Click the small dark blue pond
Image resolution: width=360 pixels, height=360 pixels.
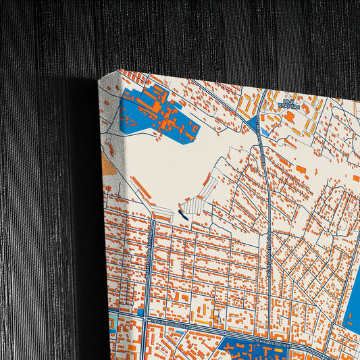tap(181, 214)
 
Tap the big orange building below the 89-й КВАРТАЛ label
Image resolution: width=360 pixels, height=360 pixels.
tap(289, 117)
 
